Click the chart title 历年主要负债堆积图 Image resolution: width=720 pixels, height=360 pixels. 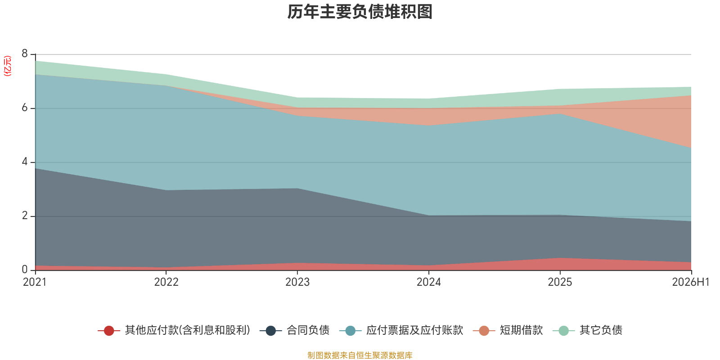coord(360,12)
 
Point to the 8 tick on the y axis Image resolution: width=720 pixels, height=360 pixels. coord(25,54)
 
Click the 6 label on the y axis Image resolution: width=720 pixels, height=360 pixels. coord(25,108)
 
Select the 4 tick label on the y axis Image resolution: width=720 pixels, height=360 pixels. coord(25,162)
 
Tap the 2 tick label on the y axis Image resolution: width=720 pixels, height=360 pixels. coord(25,216)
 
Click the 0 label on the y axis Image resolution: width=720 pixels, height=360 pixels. coord(25,270)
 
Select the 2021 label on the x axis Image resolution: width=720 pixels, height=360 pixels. coord(35,282)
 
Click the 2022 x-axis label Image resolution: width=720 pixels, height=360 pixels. coord(166,282)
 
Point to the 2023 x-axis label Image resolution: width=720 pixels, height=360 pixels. coord(297,282)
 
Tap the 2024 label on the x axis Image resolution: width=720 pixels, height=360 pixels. coord(428,282)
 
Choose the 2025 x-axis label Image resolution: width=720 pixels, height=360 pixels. coord(560,282)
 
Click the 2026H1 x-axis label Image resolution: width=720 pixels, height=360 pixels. coord(691,282)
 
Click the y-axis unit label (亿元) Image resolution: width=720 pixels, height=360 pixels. coord(7,66)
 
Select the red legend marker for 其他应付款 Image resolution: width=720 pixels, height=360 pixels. coord(109,330)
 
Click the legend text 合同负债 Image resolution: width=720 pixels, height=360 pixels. coord(308,330)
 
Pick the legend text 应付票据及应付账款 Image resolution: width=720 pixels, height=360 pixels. coord(414,330)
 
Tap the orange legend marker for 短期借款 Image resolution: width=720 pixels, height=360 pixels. coord(484,330)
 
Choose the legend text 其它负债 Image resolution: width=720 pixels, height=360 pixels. coord(601,330)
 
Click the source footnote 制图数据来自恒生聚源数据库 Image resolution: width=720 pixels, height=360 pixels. coord(360,355)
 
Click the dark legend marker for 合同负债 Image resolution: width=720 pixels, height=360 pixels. coord(270,330)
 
